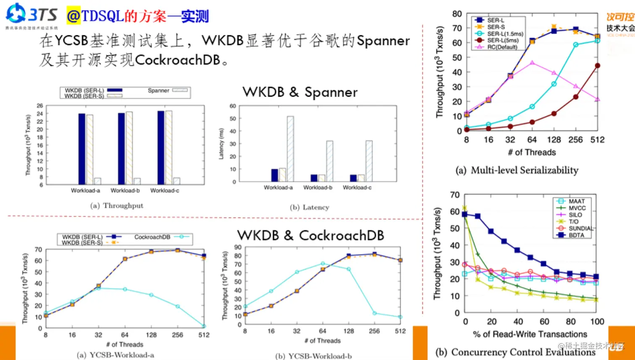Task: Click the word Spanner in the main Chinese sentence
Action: (x=383, y=41)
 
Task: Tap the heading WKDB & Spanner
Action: (x=300, y=92)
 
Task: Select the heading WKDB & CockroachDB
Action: (x=310, y=235)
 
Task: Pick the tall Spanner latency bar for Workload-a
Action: (x=290, y=149)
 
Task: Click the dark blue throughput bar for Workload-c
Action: (x=161, y=147)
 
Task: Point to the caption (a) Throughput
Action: (x=117, y=206)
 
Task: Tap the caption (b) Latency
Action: (x=310, y=207)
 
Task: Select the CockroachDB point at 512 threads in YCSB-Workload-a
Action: (x=204, y=326)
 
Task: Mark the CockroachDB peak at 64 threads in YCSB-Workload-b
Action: (x=323, y=264)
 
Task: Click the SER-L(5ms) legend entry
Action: (x=503, y=40)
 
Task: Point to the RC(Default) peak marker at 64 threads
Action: (x=532, y=63)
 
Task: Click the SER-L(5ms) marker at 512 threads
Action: (x=597, y=66)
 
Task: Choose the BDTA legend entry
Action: (x=576, y=235)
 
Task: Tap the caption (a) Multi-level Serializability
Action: (x=517, y=170)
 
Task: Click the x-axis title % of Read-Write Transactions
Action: (x=530, y=334)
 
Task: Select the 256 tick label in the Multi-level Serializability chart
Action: (x=575, y=140)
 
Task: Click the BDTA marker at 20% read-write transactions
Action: (x=491, y=231)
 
